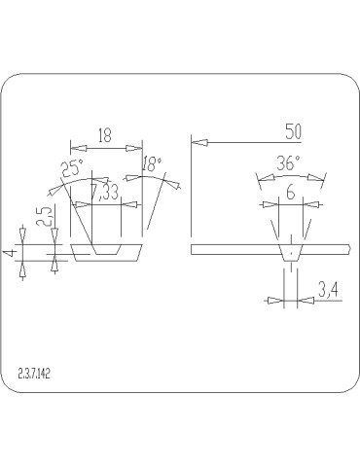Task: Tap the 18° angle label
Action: (153, 164)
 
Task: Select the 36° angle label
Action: (289, 163)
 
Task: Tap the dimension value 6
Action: (289, 194)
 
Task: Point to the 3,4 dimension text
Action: (328, 289)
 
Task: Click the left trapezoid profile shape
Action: (107, 252)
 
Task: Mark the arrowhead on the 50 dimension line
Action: (198, 142)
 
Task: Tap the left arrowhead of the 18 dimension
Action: (78, 147)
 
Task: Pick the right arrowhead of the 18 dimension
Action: (134, 147)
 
